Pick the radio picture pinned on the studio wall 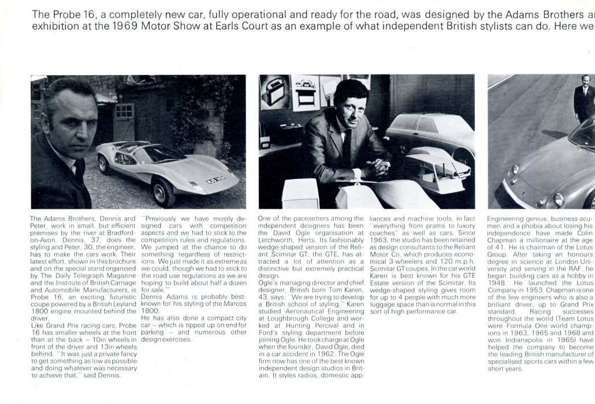[x=275, y=92]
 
